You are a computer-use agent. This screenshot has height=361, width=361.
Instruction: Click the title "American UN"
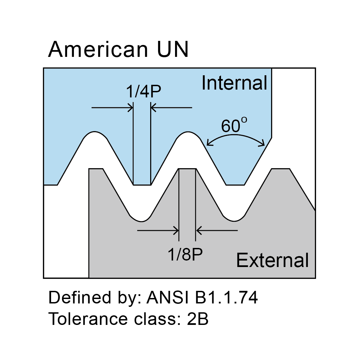pyautogui.click(x=118, y=49)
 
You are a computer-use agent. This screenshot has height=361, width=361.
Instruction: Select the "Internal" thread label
pyautogui.click(x=234, y=83)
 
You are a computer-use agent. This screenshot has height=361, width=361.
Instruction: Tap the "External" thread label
pyautogui.click(x=272, y=260)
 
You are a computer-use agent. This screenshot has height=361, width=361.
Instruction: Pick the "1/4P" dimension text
pyautogui.click(x=143, y=91)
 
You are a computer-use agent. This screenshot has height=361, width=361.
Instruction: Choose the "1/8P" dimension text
pyautogui.click(x=185, y=254)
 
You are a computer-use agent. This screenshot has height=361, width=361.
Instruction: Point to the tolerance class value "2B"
pyautogui.click(x=198, y=319)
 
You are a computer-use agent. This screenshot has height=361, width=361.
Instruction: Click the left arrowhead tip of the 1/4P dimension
pyautogui.click(x=133, y=108)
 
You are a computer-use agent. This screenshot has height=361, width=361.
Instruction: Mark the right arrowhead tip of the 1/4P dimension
pyautogui.click(x=151, y=108)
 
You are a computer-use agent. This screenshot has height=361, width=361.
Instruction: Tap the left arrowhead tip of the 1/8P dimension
pyautogui.click(x=179, y=230)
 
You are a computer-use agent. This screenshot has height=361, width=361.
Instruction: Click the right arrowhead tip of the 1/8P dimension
pyautogui.click(x=196, y=230)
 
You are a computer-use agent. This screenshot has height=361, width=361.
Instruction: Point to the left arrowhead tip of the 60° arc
pyautogui.click(x=207, y=145)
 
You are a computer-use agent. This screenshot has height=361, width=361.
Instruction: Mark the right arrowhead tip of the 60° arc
pyautogui.click(x=265, y=145)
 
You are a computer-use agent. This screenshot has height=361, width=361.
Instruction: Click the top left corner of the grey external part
pyautogui.click(x=89, y=169)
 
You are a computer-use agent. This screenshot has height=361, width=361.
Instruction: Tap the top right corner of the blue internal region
pyautogui.click(x=272, y=68)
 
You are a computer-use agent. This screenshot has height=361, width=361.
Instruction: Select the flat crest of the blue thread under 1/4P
pyautogui.click(x=142, y=185)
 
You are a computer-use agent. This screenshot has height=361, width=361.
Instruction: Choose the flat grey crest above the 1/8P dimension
pyautogui.click(x=187, y=169)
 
